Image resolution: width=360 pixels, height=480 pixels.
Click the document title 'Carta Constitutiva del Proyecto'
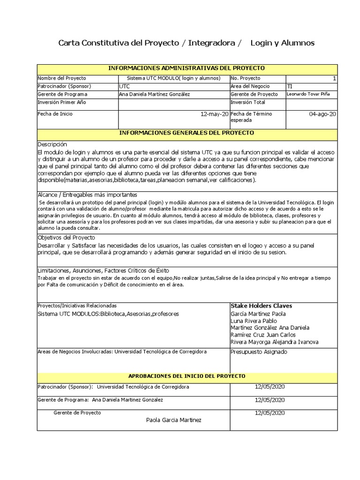[x=118, y=43]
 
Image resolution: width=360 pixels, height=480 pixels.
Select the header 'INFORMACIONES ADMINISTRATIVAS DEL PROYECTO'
[x=187, y=68]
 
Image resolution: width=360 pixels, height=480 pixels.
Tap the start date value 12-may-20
[x=215, y=114]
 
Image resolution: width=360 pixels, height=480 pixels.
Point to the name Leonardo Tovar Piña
[x=308, y=94]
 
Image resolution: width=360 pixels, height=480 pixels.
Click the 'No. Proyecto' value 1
[x=334, y=78]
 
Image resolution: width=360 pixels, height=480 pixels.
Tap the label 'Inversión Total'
[x=248, y=102]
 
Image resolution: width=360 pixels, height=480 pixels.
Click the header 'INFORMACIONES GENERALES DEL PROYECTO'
[x=187, y=133]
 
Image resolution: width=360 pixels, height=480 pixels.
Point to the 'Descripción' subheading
[x=52, y=144]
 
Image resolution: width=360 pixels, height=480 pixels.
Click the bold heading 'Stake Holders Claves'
[x=261, y=306]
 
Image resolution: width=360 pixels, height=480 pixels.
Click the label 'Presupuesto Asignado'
[x=259, y=352]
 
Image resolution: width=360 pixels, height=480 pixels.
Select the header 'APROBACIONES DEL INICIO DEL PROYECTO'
[x=187, y=376]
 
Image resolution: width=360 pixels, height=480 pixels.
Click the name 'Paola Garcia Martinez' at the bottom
[x=174, y=420]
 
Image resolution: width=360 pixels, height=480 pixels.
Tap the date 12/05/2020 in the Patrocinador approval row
[x=270, y=387]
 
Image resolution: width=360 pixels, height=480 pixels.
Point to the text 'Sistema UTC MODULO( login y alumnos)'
[x=174, y=78]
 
